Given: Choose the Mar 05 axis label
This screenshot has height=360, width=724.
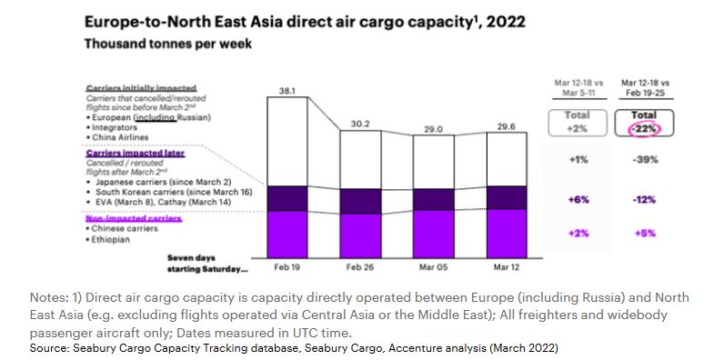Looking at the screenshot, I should tap(434, 268).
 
